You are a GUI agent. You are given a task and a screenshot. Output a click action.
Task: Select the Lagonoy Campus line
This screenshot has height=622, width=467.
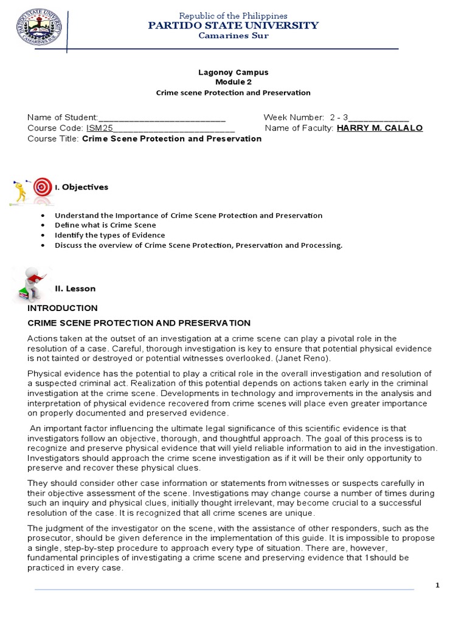[x=233, y=72]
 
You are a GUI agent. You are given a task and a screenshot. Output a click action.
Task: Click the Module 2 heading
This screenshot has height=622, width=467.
[x=233, y=82]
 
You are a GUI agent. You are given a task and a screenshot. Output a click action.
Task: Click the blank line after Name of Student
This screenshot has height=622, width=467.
[x=162, y=117]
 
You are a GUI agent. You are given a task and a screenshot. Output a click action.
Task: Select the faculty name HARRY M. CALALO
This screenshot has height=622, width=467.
[x=379, y=128]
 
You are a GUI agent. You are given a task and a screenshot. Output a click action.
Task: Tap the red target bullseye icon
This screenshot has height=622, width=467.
[x=42, y=186]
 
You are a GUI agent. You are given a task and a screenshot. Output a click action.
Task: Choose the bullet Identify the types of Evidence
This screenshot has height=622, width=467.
[x=109, y=235]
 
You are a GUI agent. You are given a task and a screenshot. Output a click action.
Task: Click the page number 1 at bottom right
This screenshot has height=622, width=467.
[x=437, y=584]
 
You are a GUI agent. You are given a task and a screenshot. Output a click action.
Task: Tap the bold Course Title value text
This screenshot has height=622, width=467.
[x=171, y=138]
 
